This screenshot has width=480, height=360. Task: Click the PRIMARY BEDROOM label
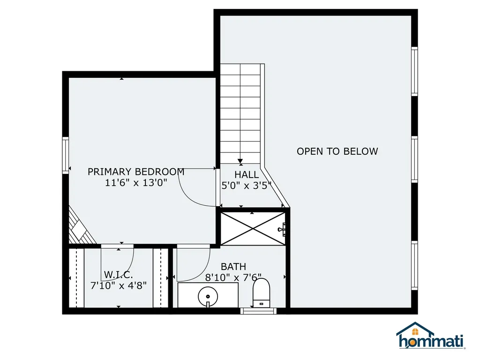(x=136, y=172)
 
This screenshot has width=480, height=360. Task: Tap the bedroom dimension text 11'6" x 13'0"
(x=136, y=183)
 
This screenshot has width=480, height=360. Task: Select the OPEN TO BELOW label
(x=337, y=151)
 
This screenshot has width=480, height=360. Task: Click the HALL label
(x=247, y=175)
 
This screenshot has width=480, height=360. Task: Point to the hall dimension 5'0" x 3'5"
(x=247, y=185)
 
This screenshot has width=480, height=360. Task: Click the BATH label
(x=233, y=267)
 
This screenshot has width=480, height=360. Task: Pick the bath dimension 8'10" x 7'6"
(x=233, y=277)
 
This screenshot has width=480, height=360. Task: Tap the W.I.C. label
(x=118, y=275)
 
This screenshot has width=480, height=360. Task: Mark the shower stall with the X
(x=252, y=228)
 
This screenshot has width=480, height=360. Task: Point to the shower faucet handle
(x=282, y=229)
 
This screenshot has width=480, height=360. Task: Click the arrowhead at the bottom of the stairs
(x=240, y=162)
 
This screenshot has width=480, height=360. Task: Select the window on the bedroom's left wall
(x=66, y=155)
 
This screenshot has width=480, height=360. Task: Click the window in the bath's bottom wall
(x=258, y=310)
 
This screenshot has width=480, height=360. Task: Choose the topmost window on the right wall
(x=414, y=71)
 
